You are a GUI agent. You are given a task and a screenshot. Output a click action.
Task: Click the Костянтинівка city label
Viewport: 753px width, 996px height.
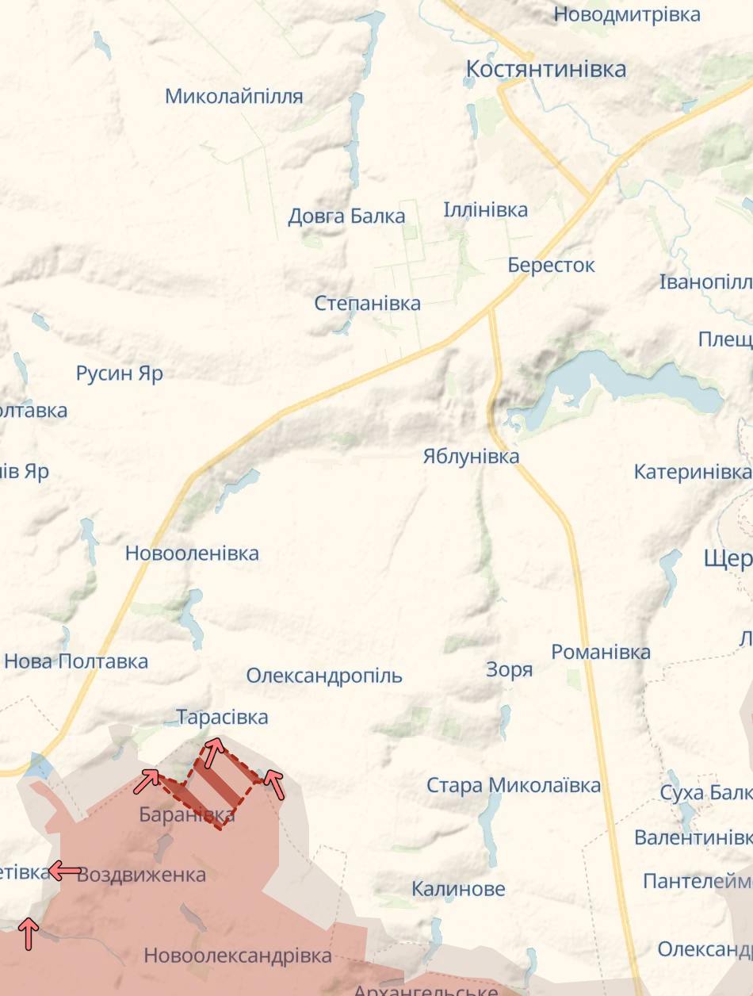[546, 69]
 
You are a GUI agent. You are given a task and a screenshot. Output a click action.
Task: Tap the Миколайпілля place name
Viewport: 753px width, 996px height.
[234, 97]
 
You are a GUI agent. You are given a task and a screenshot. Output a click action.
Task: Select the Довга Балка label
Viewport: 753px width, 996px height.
[346, 216]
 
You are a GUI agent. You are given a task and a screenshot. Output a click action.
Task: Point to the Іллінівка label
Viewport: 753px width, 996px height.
[485, 210]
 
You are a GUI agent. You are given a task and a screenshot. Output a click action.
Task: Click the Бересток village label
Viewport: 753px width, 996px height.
[551, 265]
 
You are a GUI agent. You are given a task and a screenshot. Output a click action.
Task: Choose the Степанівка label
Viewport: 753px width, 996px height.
[367, 303]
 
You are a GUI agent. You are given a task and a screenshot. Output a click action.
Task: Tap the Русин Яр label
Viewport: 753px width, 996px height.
[120, 373]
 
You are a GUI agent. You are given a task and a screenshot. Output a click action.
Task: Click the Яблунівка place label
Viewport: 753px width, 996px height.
[471, 456]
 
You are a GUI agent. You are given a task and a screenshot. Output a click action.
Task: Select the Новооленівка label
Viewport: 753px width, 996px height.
[192, 553]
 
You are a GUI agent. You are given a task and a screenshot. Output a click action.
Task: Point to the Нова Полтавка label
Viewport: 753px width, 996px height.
[76, 661]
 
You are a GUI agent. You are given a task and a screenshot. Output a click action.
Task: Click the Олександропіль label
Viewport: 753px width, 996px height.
[324, 676]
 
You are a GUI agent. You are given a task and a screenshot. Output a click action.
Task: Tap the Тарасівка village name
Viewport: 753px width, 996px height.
[222, 717]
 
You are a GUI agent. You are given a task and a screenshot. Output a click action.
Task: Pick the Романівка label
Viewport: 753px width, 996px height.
[601, 652]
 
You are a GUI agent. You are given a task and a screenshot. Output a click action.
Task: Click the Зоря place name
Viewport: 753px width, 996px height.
[509, 670]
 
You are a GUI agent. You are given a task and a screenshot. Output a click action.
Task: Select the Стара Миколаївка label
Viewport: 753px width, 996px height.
[514, 785]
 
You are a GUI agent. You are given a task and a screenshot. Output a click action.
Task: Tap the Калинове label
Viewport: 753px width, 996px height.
[458, 889]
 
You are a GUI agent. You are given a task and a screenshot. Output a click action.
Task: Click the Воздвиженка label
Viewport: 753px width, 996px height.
[142, 875]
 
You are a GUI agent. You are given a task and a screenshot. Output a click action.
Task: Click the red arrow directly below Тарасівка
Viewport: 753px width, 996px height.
[212, 752]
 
